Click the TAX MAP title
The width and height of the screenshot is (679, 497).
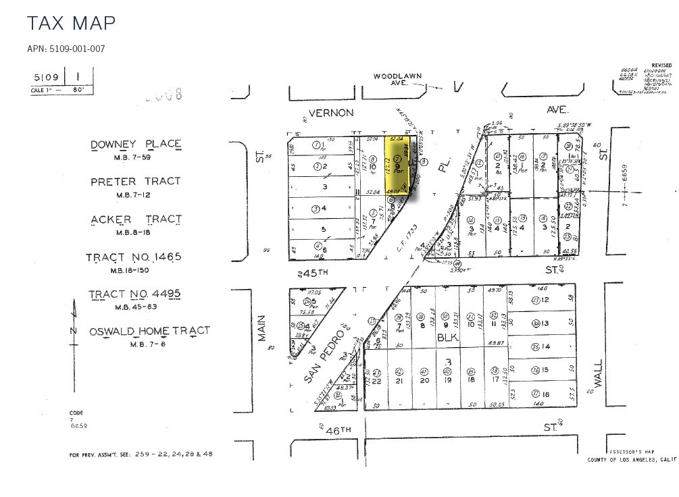71,23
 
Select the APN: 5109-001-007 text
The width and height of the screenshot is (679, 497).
66,49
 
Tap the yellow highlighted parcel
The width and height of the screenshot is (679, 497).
399,164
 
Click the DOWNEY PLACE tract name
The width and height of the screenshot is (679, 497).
136,144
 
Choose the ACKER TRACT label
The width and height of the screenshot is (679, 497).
136,219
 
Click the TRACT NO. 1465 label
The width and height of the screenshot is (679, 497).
134,257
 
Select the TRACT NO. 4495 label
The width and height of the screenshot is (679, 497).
135,294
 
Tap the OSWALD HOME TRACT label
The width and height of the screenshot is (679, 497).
149,331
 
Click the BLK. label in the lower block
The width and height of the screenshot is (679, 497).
447,337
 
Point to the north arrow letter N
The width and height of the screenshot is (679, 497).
74,330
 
